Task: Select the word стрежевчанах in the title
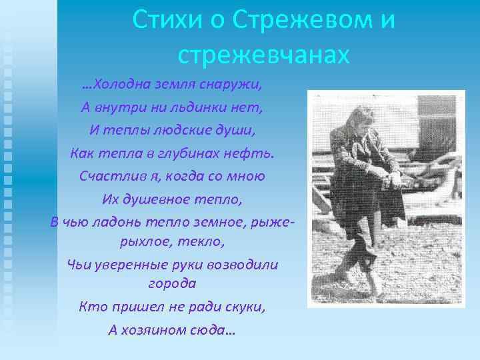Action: click(x=264, y=55)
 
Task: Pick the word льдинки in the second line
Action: click(x=190, y=107)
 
